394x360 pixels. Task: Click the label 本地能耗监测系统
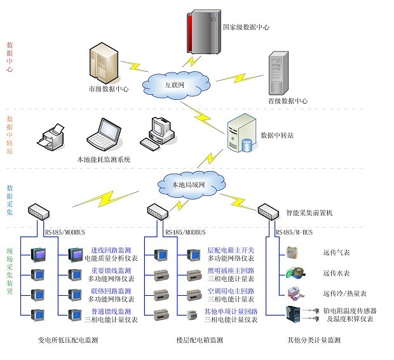tap(104, 160)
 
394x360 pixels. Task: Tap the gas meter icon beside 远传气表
tap(293, 252)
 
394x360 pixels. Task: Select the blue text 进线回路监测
tap(112, 251)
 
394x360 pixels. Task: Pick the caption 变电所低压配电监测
tap(68, 341)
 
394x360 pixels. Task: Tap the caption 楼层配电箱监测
tap(199, 341)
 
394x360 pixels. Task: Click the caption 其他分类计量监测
tap(313, 341)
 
